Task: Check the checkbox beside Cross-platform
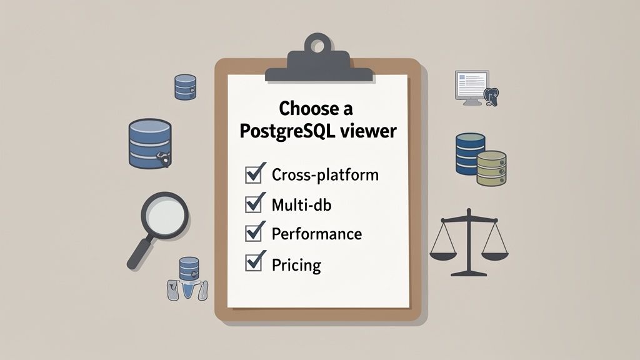(x=254, y=174)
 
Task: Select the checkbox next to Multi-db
(x=254, y=204)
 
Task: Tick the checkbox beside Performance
(x=254, y=233)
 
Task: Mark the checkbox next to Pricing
(x=254, y=262)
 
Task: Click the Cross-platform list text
(x=325, y=174)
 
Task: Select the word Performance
(x=317, y=234)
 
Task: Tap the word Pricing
(x=296, y=264)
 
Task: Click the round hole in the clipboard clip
(x=319, y=46)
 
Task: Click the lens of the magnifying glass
(x=165, y=214)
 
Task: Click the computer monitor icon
(x=471, y=85)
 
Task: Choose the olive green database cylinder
(x=491, y=168)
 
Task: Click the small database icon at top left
(x=186, y=87)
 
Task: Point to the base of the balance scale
(x=469, y=272)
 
